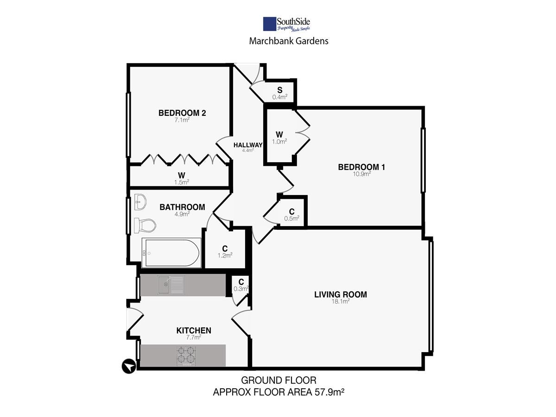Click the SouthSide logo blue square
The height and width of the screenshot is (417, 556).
click(269, 24)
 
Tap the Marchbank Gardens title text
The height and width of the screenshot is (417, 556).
click(289, 41)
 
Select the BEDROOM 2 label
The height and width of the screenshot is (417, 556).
click(182, 113)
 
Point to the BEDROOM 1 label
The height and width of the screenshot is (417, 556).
click(361, 167)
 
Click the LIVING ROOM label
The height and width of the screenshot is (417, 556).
click(341, 295)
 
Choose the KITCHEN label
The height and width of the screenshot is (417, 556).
click(194, 330)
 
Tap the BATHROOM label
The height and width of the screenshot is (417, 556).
click(182, 207)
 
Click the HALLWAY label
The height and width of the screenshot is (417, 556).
click(248, 145)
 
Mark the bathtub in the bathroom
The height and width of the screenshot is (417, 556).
click(171, 253)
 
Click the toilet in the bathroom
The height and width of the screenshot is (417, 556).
click(145, 225)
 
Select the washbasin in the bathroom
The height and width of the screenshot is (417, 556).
click(140, 202)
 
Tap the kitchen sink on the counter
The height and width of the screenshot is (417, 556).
click(171, 285)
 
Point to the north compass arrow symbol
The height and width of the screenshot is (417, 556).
click(129, 366)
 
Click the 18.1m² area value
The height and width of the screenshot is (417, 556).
click(341, 301)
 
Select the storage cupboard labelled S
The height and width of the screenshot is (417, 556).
click(280, 93)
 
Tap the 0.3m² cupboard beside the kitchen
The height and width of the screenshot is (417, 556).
click(241, 285)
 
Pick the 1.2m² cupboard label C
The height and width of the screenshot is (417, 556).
click(225, 249)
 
